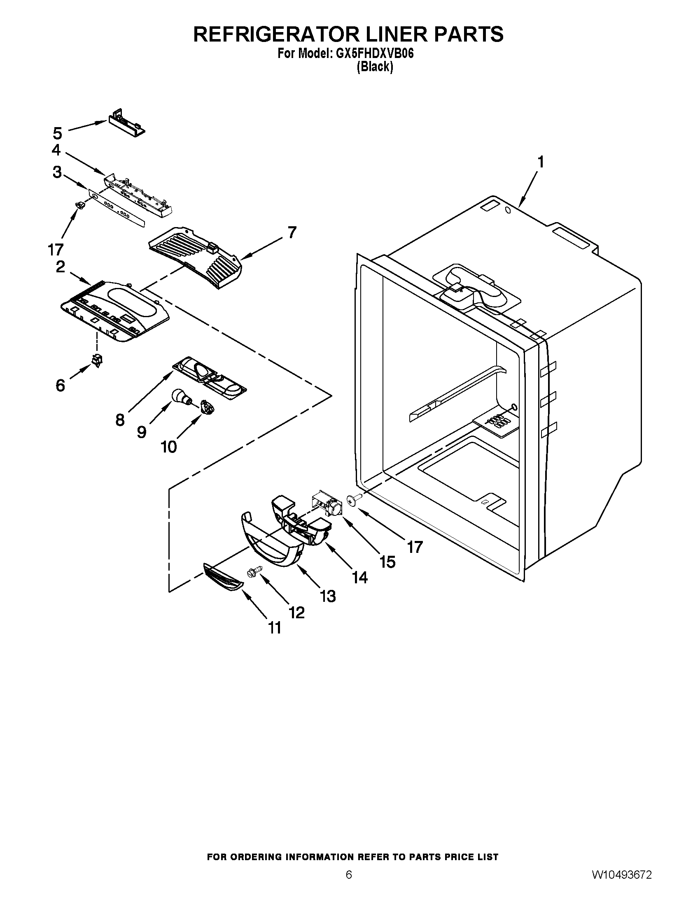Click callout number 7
(x=292, y=232)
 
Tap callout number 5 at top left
(x=57, y=133)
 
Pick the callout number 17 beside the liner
(x=414, y=548)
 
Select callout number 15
(x=387, y=562)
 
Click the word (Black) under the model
(x=375, y=67)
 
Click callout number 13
(x=328, y=596)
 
